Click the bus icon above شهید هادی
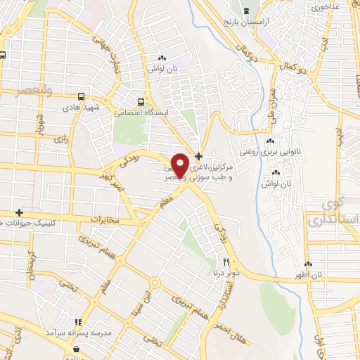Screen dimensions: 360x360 click(82, 96)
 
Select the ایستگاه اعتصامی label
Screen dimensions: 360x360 click(141, 112)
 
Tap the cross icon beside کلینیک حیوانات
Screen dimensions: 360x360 click(19, 212)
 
